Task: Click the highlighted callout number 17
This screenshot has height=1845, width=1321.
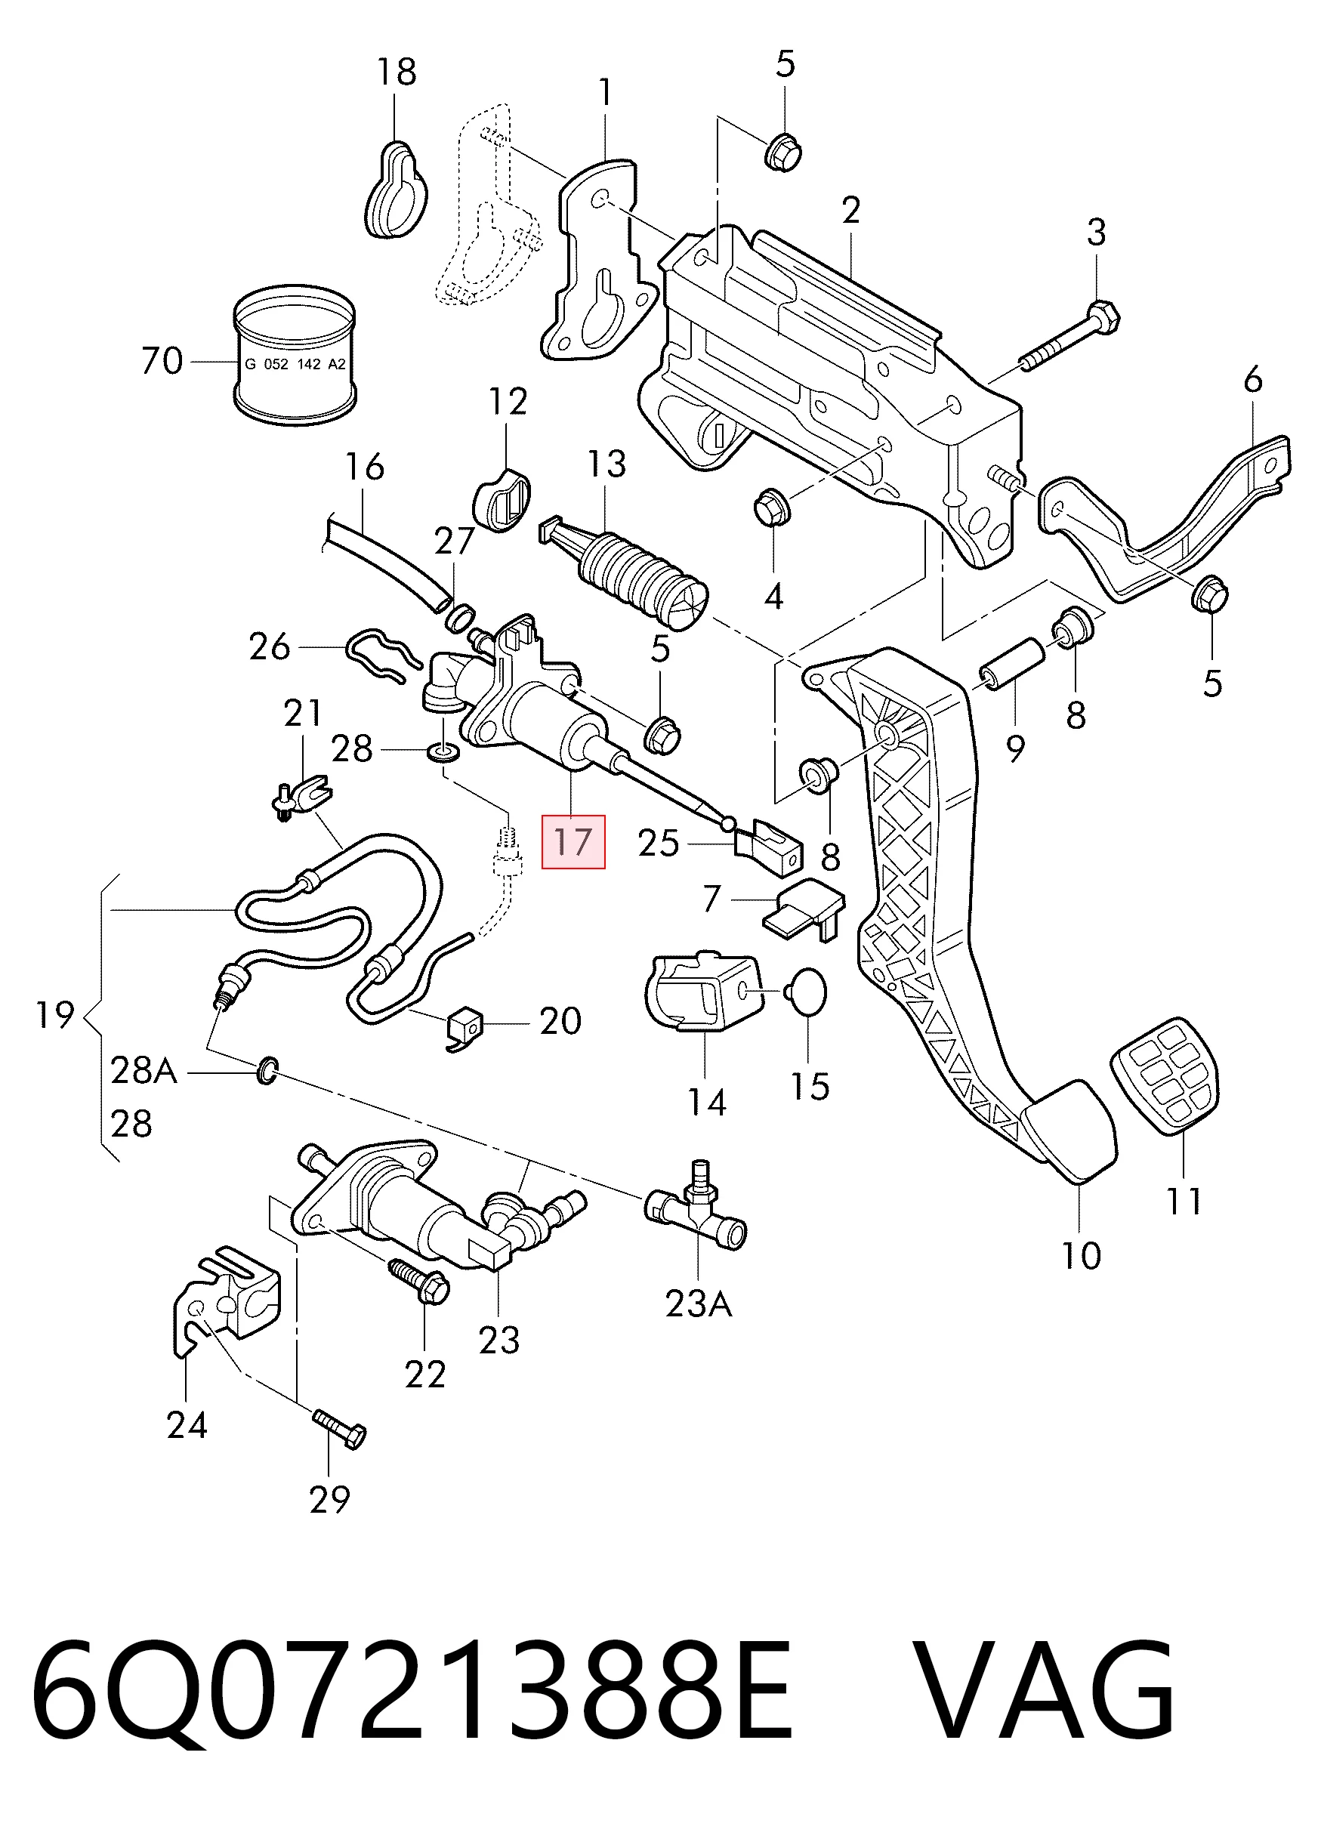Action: pyautogui.click(x=573, y=841)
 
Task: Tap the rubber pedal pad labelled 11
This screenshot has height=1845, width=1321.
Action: pyautogui.click(x=1165, y=1075)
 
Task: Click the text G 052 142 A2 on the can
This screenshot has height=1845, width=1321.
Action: pyautogui.click(x=295, y=364)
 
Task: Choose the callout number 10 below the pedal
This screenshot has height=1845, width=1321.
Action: pyautogui.click(x=1081, y=1255)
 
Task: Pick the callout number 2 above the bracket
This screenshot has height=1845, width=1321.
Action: pyautogui.click(x=851, y=211)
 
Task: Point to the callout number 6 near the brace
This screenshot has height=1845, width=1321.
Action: pyautogui.click(x=1253, y=379)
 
